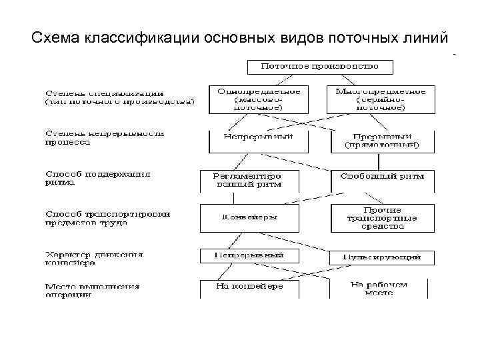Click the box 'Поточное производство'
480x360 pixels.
pyautogui.click(x=320, y=67)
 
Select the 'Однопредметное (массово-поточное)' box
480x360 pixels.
pyautogui.click(x=259, y=98)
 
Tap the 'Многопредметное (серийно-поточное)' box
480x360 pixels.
pyautogui.click(x=380, y=98)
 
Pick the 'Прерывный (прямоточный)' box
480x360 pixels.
pyautogui.click(x=382, y=140)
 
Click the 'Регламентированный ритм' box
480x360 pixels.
pyautogui.click(x=248, y=179)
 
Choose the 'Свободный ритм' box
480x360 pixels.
pyautogui.click(x=382, y=178)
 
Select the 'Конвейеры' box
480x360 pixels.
pyautogui.click(x=248, y=217)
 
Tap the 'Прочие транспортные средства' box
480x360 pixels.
pyautogui.click(x=382, y=217)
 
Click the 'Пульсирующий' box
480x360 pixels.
pyautogui.click(x=381, y=257)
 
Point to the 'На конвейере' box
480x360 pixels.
pyautogui.click(x=248, y=287)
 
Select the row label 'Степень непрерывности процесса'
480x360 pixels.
pyautogui.click(x=105, y=137)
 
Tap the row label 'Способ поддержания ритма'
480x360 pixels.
pyautogui.click(x=98, y=179)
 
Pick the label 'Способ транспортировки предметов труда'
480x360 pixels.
pyautogui.click(x=107, y=218)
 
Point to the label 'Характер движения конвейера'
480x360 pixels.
pyautogui.click(x=94, y=257)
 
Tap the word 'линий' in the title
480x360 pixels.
pyautogui.click(x=427, y=37)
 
